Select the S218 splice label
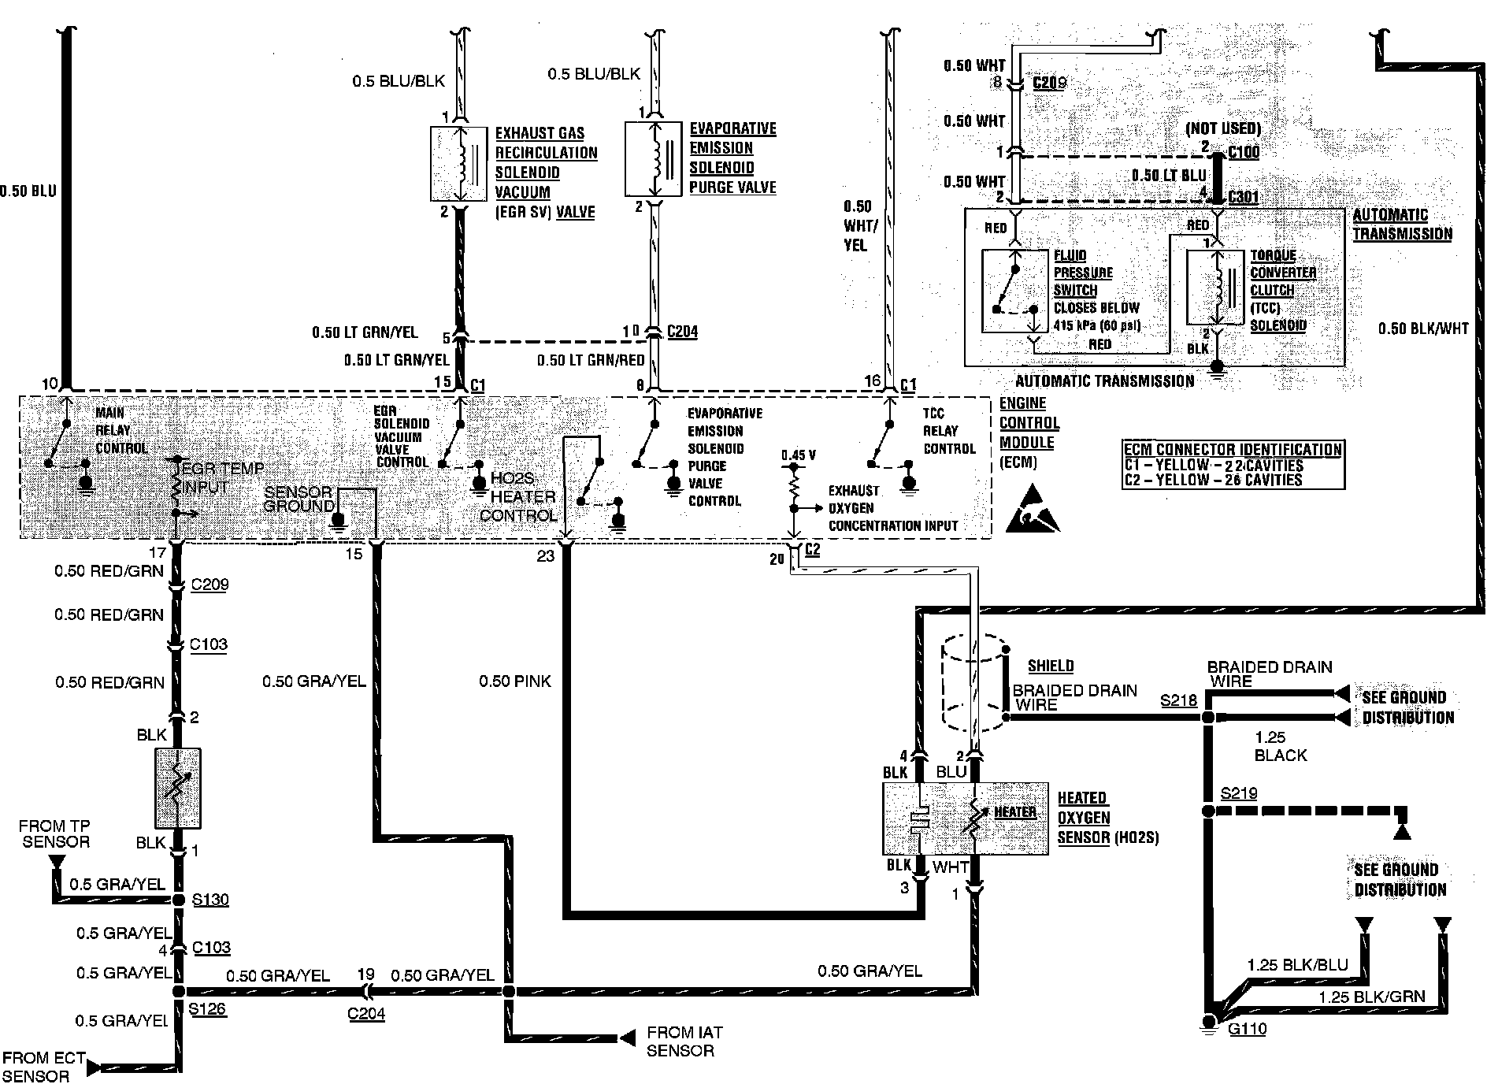point(1178,700)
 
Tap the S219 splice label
point(1238,793)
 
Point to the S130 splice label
point(210,899)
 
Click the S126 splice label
point(207,1008)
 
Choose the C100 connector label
point(1243,151)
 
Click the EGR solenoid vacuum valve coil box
point(459,163)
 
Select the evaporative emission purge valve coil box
point(653,158)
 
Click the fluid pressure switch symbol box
point(1014,291)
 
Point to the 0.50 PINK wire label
point(515,681)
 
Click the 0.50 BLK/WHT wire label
point(1422,329)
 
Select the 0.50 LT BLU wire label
point(1168,176)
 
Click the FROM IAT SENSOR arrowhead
point(627,1038)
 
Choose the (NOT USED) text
point(1222,128)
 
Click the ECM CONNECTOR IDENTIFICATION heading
point(1233,450)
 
